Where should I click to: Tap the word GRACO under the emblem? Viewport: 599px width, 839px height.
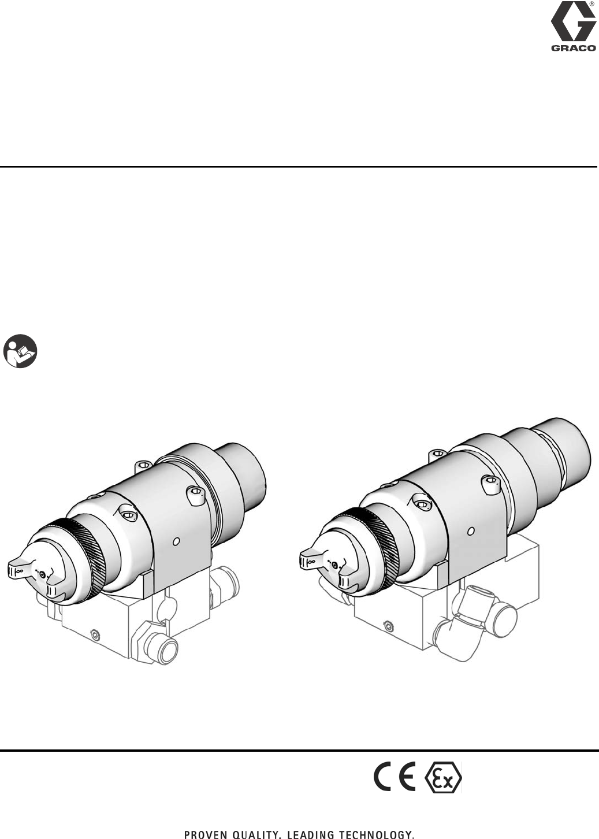573,48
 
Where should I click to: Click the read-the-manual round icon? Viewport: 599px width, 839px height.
20,351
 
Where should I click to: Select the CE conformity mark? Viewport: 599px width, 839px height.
395,776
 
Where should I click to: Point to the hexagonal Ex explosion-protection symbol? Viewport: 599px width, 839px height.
443,777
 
